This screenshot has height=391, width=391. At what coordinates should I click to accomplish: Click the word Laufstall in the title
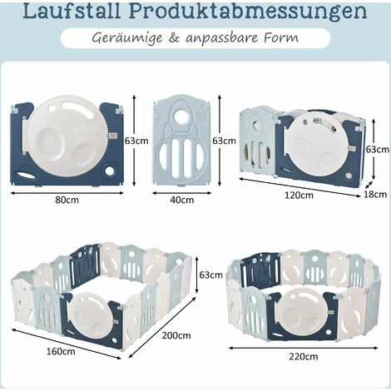72,11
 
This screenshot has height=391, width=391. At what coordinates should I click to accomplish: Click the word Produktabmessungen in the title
248,12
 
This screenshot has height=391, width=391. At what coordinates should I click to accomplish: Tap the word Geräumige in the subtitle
127,38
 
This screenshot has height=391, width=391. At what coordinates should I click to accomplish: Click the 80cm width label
67,200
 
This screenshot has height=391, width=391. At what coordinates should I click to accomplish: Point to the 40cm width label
182,200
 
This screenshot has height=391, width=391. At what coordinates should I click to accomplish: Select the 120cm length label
299,195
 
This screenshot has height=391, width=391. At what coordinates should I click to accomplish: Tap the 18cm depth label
375,195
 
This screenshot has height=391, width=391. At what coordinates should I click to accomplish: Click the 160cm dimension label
61,352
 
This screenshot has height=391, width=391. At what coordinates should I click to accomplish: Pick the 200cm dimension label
176,335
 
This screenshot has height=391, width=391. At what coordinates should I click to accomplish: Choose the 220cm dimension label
304,356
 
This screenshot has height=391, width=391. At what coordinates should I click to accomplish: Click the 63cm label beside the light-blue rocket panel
224,141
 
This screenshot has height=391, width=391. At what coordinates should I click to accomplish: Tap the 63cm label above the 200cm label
210,275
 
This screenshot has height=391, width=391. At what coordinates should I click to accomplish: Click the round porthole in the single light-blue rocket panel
182,113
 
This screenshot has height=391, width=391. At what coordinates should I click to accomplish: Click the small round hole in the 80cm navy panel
109,171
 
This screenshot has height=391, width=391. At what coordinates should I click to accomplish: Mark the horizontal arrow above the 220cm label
304,348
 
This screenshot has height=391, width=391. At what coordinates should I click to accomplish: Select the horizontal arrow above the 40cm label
182,193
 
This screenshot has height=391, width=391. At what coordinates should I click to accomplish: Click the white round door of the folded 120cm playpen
317,144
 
